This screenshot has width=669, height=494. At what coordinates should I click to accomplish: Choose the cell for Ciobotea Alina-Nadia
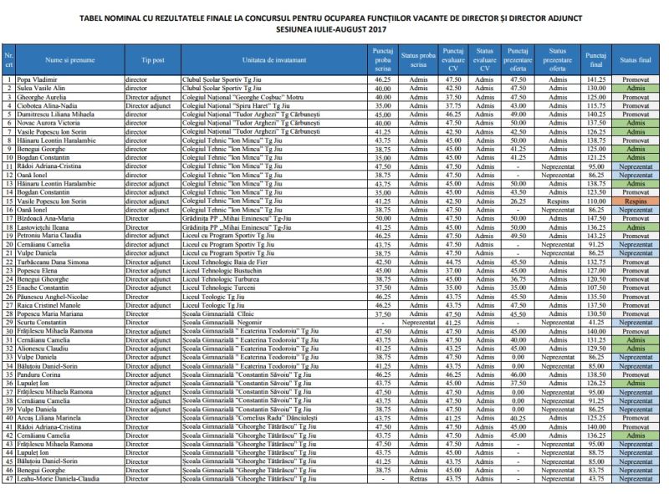(x=49, y=106)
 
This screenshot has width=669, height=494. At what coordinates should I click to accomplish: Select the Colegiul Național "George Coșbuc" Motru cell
(x=243, y=97)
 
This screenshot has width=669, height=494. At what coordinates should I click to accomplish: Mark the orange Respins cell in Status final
(x=636, y=201)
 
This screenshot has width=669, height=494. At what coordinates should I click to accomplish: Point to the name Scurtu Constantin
(x=44, y=322)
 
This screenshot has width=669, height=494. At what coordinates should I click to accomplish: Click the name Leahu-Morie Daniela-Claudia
(x=60, y=478)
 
